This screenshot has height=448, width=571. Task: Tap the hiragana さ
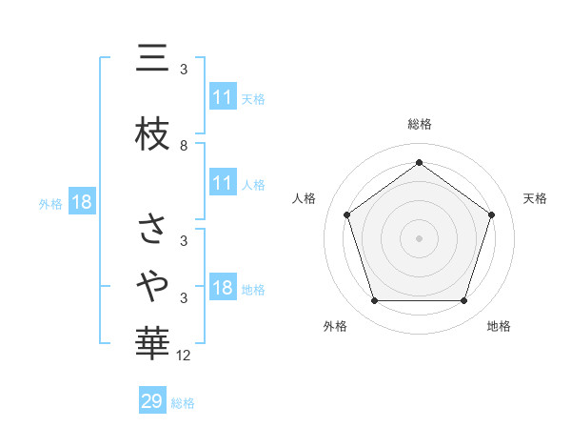coord(152,230)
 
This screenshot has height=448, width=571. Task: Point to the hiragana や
coord(152,284)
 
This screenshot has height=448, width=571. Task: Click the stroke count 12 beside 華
coord(184,356)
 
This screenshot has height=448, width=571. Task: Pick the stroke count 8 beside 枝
coord(184,146)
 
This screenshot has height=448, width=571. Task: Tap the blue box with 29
coord(152,401)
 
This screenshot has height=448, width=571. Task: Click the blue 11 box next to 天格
coord(223,97)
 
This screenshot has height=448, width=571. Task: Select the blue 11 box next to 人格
coord(223,183)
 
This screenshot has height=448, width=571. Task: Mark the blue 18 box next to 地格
coord(223,289)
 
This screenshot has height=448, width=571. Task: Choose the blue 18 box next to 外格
coord(81,202)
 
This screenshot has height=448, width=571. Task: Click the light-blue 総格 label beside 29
coord(183,403)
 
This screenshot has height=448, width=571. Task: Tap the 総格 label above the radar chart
coord(420,124)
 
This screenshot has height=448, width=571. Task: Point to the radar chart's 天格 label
coord(535,198)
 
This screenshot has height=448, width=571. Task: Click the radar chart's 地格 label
coord(499,326)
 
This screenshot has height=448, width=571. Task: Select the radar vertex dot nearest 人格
coord(347,214)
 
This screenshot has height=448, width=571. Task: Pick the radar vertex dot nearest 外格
coord(374,301)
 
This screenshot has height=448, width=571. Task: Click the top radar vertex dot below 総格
coord(420,162)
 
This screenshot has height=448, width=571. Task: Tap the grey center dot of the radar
coord(420,238)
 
